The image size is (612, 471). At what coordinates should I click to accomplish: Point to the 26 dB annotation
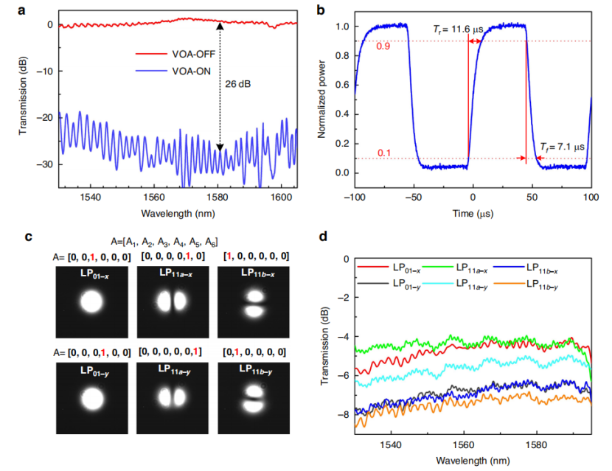(x=238, y=84)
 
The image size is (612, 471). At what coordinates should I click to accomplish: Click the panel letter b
(x=319, y=10)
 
